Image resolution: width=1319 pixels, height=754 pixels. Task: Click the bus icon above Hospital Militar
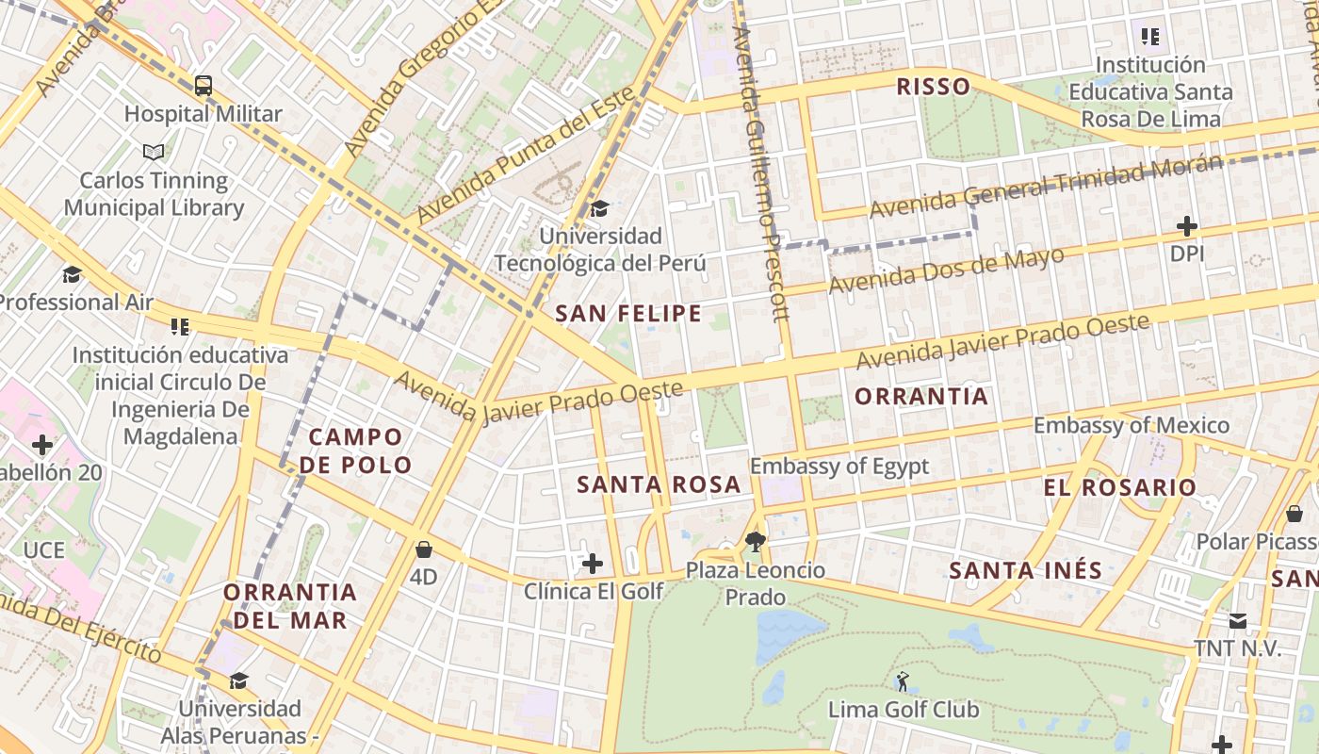[x=204, y=86]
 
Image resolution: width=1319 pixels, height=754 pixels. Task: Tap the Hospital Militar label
[x=204, y=114]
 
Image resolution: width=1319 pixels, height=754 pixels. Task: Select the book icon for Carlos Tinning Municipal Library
[x=154, y=151]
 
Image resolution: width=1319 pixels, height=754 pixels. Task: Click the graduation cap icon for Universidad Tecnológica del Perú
[x=599, y=208]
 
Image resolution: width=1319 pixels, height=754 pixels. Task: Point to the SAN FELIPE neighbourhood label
[x=628, y=314]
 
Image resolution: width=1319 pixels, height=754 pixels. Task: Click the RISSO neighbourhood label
[x=933, y=88]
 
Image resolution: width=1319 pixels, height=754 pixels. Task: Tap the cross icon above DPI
[x=1187, y=226]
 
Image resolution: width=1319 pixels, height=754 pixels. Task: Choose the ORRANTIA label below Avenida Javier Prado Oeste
[x=921, y=397]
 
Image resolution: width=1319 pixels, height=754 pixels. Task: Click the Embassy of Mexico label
[x=1131, y=425]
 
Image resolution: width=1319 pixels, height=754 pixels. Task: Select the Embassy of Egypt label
[x=839, y=466]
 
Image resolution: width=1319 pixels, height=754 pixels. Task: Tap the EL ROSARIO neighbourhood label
[x=1119, y=487]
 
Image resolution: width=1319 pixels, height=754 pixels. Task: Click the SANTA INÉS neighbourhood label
[x=1025, y=570]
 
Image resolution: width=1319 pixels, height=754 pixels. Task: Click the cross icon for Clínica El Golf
[x=592, y=564]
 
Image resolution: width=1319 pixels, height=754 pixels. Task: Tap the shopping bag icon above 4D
[x=424, y=549]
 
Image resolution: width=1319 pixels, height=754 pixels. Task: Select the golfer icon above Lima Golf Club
[x=903, y=680]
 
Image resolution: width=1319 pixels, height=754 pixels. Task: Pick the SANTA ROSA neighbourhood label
[x=659, y=484]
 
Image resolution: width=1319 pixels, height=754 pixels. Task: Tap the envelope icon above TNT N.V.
[x=1237, y=621]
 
